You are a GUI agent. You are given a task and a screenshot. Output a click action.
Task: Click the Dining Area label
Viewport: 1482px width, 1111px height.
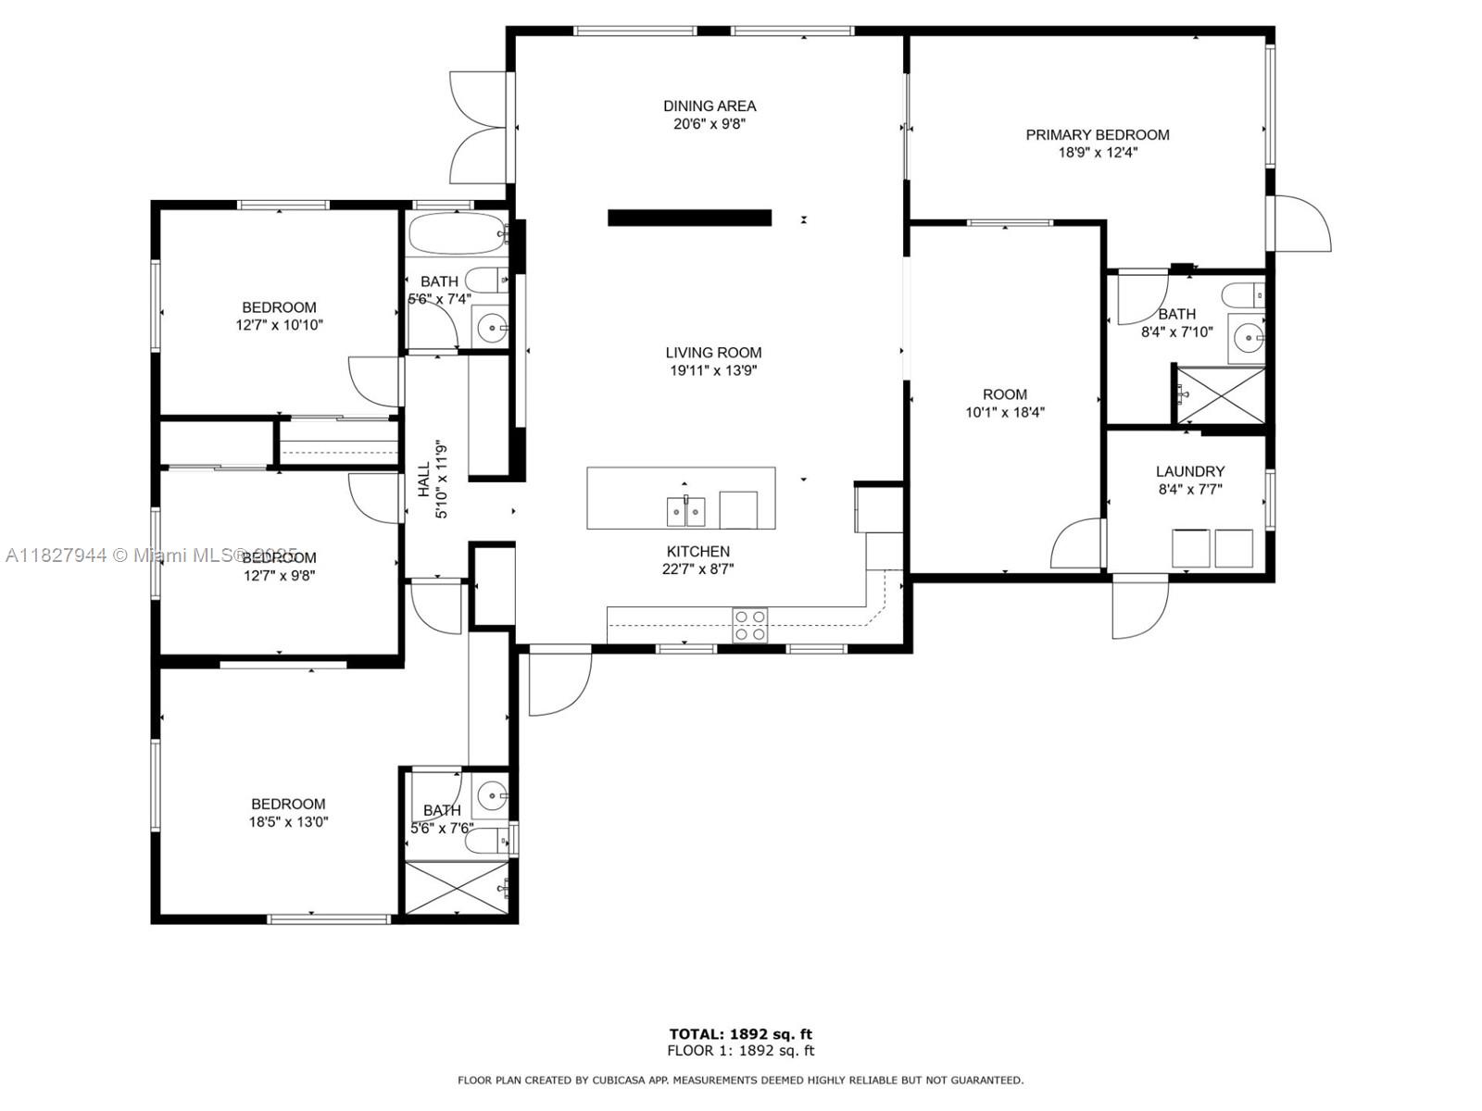coord(710,106)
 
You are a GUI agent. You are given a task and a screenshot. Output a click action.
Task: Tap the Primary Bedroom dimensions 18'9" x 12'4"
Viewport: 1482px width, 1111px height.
coord(1098,153)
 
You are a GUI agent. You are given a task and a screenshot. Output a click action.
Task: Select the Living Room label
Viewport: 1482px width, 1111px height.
coord(713,352)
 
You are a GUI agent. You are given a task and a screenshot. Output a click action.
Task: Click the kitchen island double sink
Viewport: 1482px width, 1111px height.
coord(685,510)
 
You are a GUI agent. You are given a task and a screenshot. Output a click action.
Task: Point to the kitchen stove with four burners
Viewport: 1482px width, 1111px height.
coord(750,624)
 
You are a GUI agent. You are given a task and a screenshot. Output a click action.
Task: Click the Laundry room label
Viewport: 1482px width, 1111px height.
coord(1190,471)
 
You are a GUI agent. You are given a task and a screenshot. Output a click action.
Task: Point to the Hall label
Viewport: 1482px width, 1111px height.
coord(423,480)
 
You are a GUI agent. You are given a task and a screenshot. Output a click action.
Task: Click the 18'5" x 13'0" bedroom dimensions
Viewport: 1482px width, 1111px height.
coord(288,821)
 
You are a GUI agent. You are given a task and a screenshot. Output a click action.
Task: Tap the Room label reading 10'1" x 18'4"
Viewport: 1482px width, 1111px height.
coord(1005,394)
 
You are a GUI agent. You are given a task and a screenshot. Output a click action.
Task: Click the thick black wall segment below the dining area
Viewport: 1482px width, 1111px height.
coord(689,218)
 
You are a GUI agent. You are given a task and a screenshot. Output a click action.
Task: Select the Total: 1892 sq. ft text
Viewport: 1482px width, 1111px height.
coord(741,1034)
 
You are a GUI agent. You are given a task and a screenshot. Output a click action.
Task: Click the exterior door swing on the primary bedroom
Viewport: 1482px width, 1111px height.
coord(1302,225)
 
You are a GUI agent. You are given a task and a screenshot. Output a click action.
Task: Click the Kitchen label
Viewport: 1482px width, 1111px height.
coord(698,551)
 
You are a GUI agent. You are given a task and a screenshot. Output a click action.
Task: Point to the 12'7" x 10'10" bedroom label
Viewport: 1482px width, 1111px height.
coord(279,307)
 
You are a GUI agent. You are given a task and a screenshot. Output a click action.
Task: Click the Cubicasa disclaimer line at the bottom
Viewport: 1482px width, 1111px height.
coord(741,1080)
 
